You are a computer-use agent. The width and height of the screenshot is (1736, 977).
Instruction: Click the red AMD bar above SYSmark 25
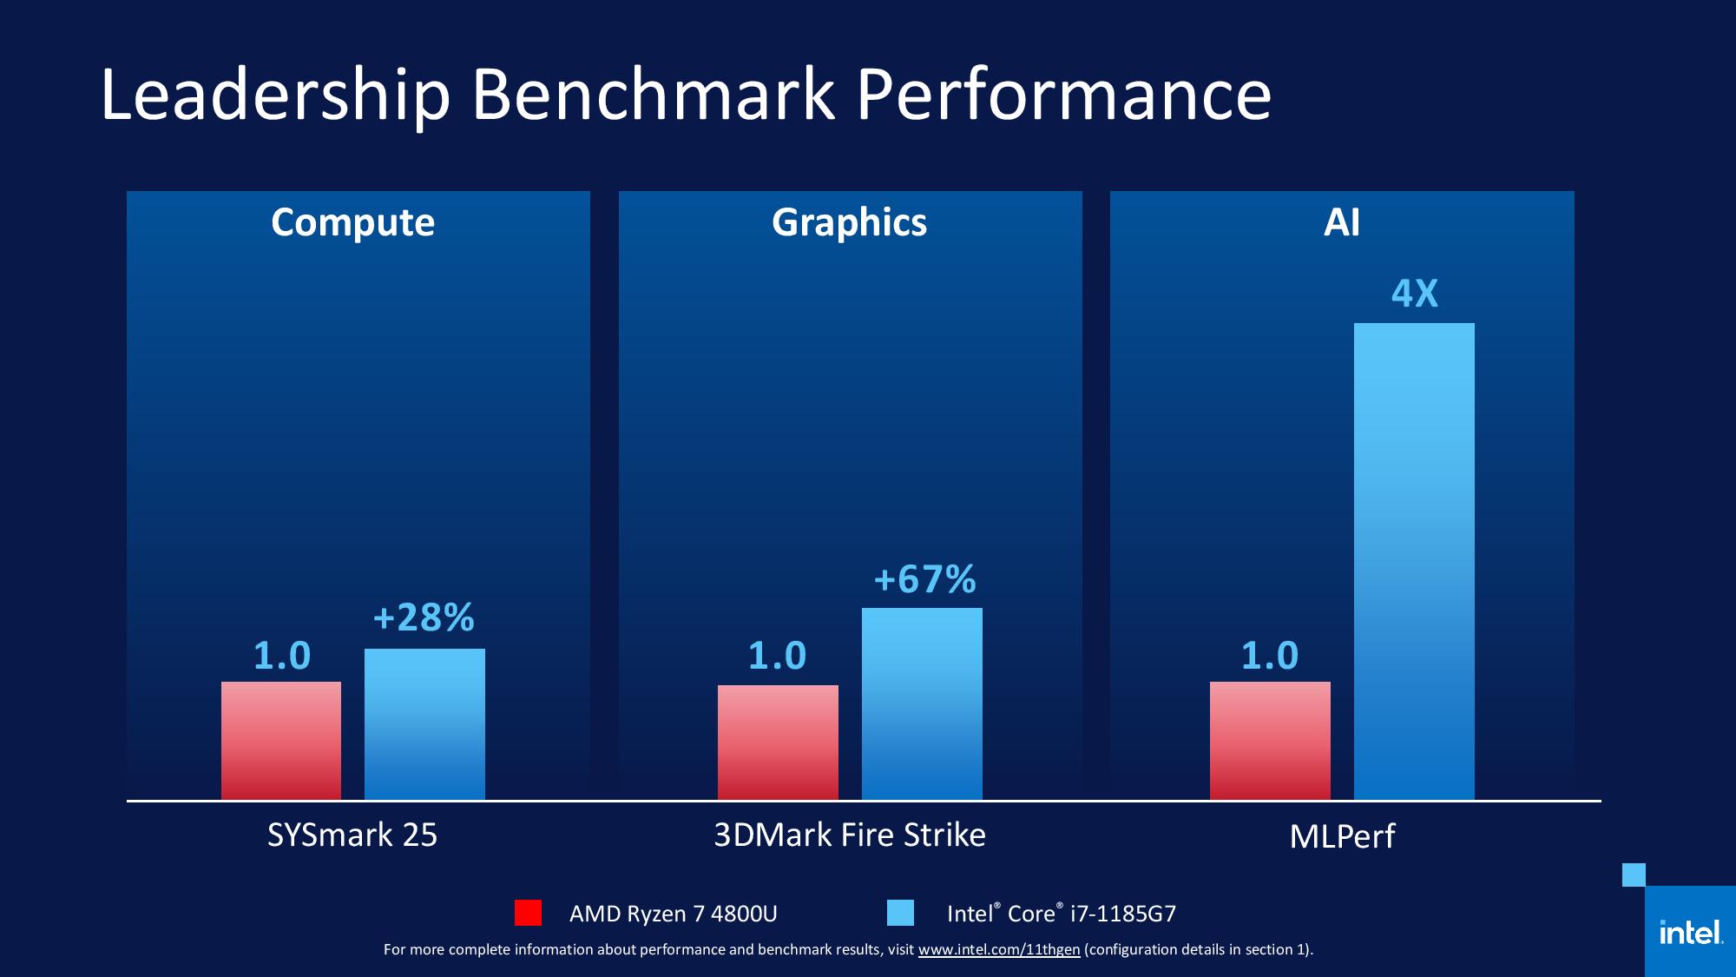pyautogui.click(x=281, y=741)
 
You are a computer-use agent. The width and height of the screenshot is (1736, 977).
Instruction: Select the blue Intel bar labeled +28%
pyautogui.click(x=424, y=724)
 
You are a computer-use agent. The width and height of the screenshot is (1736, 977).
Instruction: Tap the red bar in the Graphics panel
pyautogui.click(x=778, y=743)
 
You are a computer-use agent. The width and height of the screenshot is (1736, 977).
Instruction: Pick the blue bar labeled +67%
pyautogui.click(x=922, y=703)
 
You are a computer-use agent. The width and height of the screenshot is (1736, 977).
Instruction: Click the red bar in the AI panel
pyautogui.click(x=1270, y=741)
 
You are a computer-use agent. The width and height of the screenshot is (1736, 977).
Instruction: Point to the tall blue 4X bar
pyautogui.click(x=1414, y=561)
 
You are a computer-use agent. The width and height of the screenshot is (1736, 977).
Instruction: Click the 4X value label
pyautogui.click(x=1415, y=294)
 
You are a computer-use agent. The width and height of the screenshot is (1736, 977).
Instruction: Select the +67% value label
pyautogui.click(x=925, y=579)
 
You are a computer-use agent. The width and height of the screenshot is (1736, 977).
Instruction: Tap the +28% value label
pyautogui.click(x=424, y=617)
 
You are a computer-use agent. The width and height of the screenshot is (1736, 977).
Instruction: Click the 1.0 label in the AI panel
pyautogui.click(x=1270, y=656)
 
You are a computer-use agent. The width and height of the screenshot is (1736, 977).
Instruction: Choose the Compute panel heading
pyautogui.click(x=352, y=223)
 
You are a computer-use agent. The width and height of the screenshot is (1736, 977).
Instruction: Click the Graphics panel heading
pyautogui.click(x=850, y=223)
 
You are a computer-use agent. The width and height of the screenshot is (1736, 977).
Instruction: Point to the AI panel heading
pyautogui.click(x=1342, y=222)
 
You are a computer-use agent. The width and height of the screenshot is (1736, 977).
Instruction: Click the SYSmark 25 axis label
pyautogui.click(x=352, y=835)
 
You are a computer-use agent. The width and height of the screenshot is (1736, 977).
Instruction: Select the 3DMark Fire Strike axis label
pyautogui.click(x=850, y=835)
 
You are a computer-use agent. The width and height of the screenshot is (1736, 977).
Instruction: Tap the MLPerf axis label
pyautogui.click(x=1342, y=836)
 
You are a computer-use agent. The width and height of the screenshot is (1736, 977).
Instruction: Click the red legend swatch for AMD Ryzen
pyautogui.click(x=528, y=913)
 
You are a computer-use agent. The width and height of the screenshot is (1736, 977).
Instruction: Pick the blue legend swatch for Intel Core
pyautogui.click(x=901, y=913)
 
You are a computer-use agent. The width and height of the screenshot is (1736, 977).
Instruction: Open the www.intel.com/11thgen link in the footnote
pyautogui.click(x=999, y=950)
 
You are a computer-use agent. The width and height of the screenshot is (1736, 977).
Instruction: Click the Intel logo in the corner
pyautogui.click(x=1690, y=932)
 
